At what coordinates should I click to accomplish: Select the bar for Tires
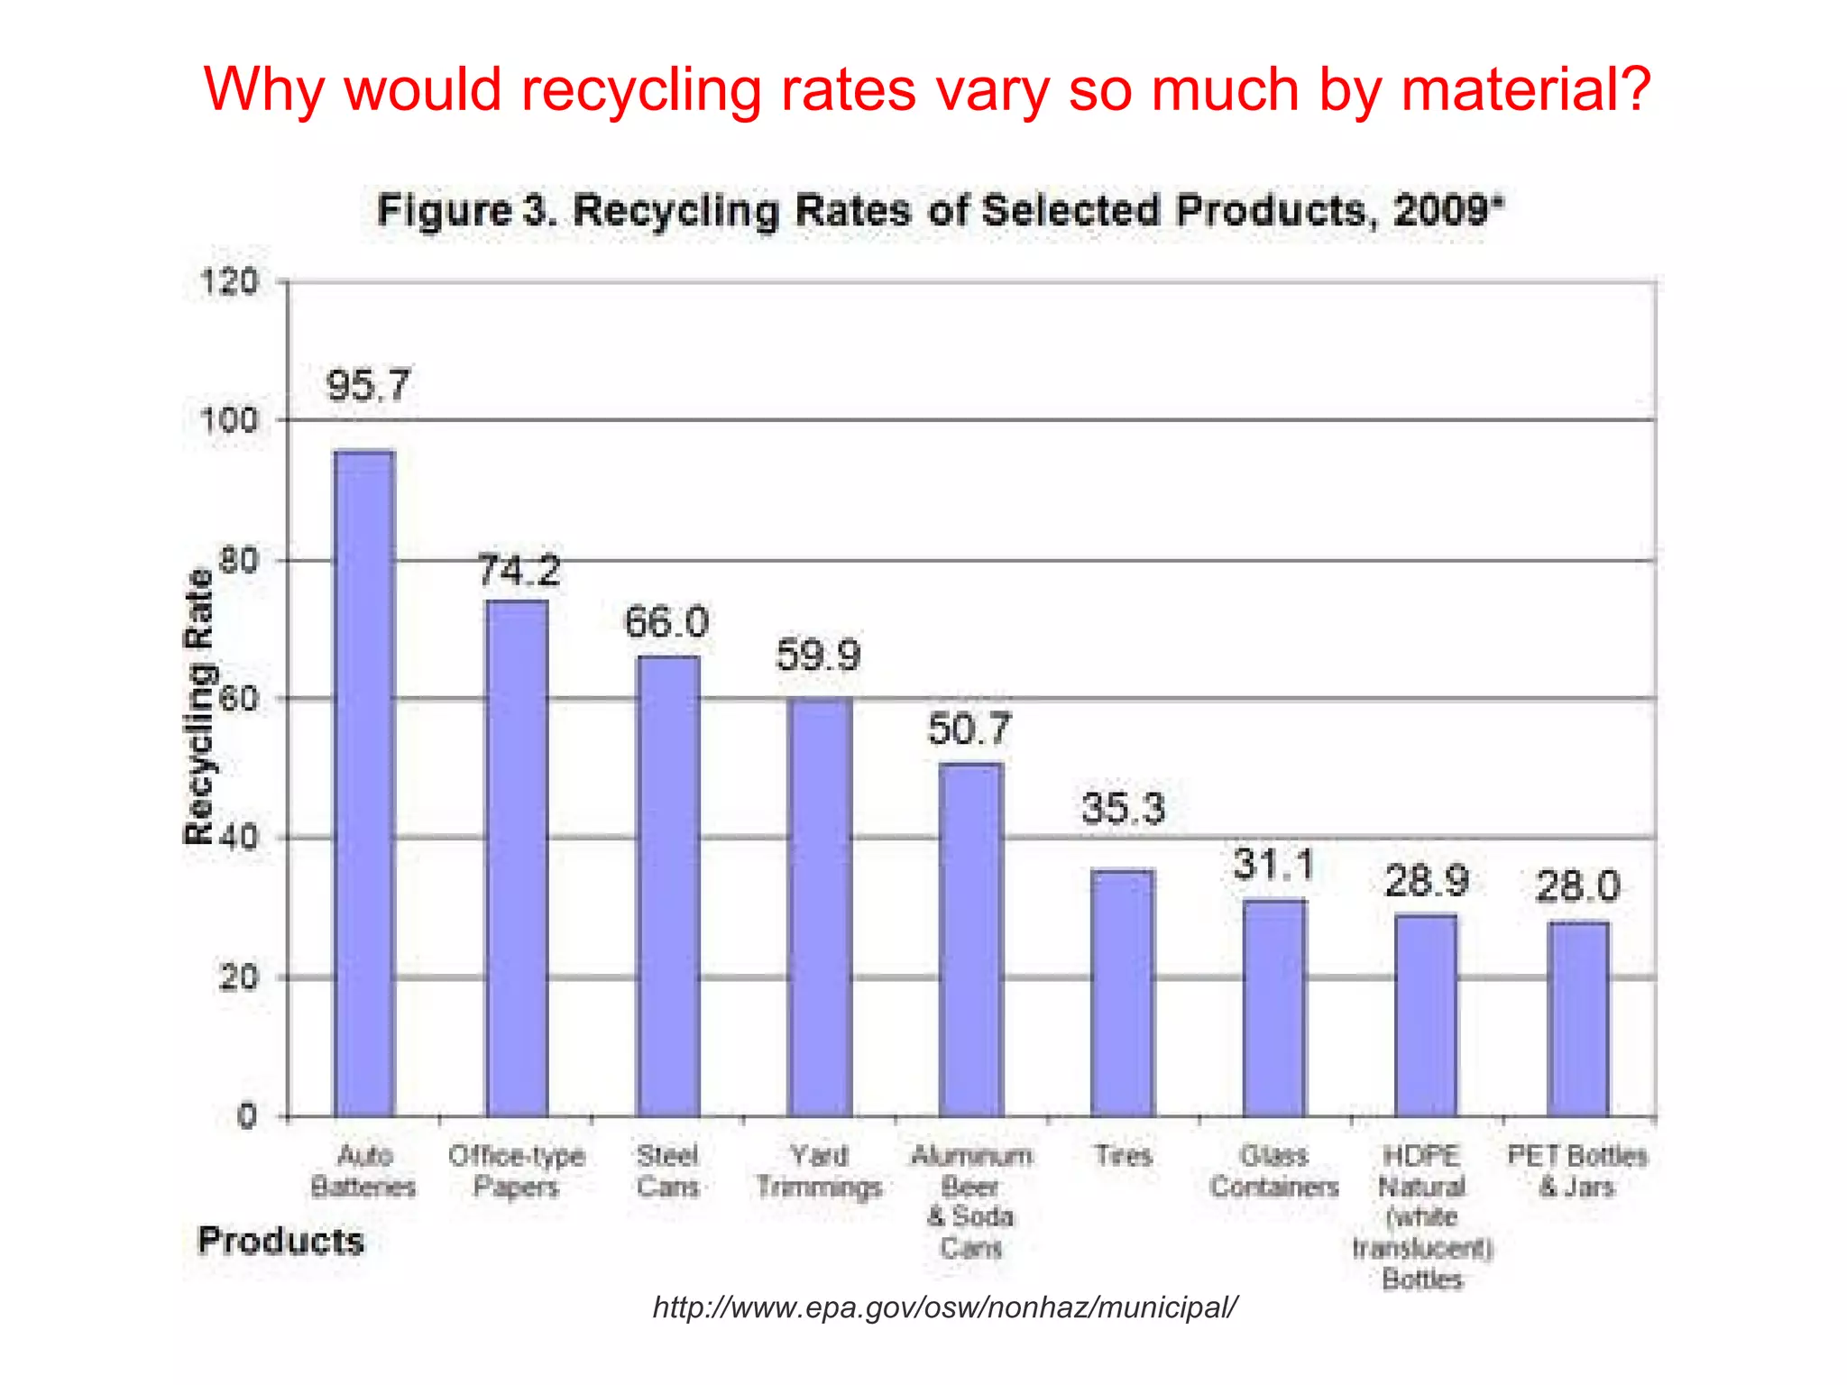(1123, 992)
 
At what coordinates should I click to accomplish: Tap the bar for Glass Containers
(1274, 1007)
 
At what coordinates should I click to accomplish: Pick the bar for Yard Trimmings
(820, 906)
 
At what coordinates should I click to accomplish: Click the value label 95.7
(368, 386)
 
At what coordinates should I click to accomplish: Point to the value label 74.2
(519, 571)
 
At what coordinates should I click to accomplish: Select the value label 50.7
(970, 729)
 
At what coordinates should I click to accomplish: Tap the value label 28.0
(1578, 886)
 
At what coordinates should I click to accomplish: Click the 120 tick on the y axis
(229, 282)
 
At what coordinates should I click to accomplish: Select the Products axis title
(280, 1241)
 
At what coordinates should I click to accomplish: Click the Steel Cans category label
(668, 1170)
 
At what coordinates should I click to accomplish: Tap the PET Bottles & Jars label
(1577, 1170)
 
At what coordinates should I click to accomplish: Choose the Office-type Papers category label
(517, 1170)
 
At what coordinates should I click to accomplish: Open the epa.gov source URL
(945, 1307)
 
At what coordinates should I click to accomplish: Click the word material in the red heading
(1526, 90)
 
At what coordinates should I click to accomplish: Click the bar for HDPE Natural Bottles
(1426, 1014)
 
